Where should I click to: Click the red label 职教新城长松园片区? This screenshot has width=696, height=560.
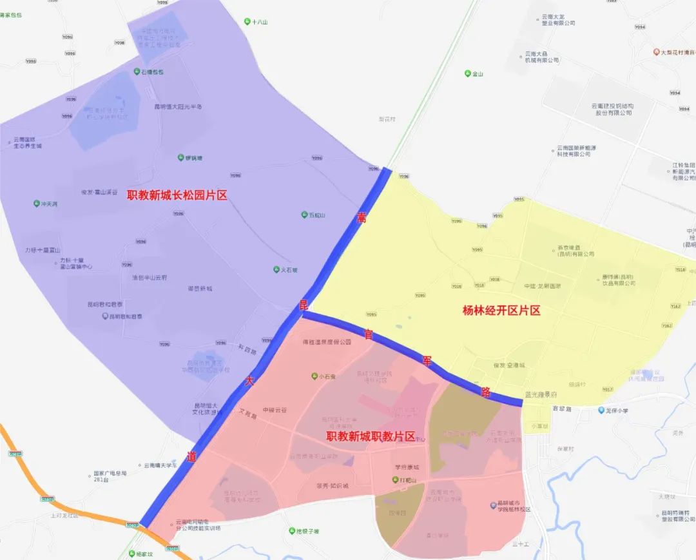pos(177,195)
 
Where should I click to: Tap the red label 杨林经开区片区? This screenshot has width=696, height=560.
pos(501,310)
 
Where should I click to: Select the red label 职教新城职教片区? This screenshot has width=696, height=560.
pos(371,436)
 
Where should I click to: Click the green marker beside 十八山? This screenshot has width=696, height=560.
pos(247,22)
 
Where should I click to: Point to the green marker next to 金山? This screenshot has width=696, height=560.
pos(468,73)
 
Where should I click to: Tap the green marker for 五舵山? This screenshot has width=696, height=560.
pos(304,215)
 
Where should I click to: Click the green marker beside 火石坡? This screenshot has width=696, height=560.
pos(276,269)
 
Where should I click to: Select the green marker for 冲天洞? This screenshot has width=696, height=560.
pos(36,204)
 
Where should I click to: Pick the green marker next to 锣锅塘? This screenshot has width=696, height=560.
pos(180,157)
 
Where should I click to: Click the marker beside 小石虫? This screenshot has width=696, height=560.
pos(314,376)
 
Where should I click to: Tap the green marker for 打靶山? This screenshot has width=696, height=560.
pos(396,480)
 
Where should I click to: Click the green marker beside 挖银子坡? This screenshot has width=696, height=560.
pos(291,531)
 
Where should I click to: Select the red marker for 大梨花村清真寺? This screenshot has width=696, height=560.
pos(656,52)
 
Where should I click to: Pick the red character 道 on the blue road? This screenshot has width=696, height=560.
pos(191,456)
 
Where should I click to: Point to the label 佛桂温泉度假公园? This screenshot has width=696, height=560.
pos(327,343)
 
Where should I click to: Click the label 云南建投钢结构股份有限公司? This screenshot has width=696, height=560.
pos(612,109)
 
